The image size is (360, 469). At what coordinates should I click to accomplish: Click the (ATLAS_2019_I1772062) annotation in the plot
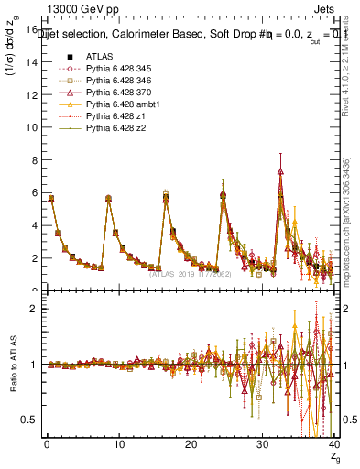click(191, 273)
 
